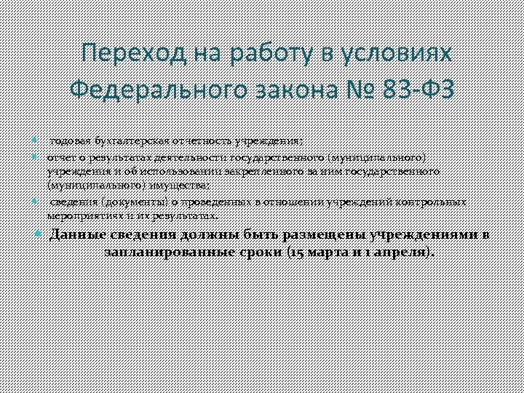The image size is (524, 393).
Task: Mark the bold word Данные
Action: click(x=77, y=235)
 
